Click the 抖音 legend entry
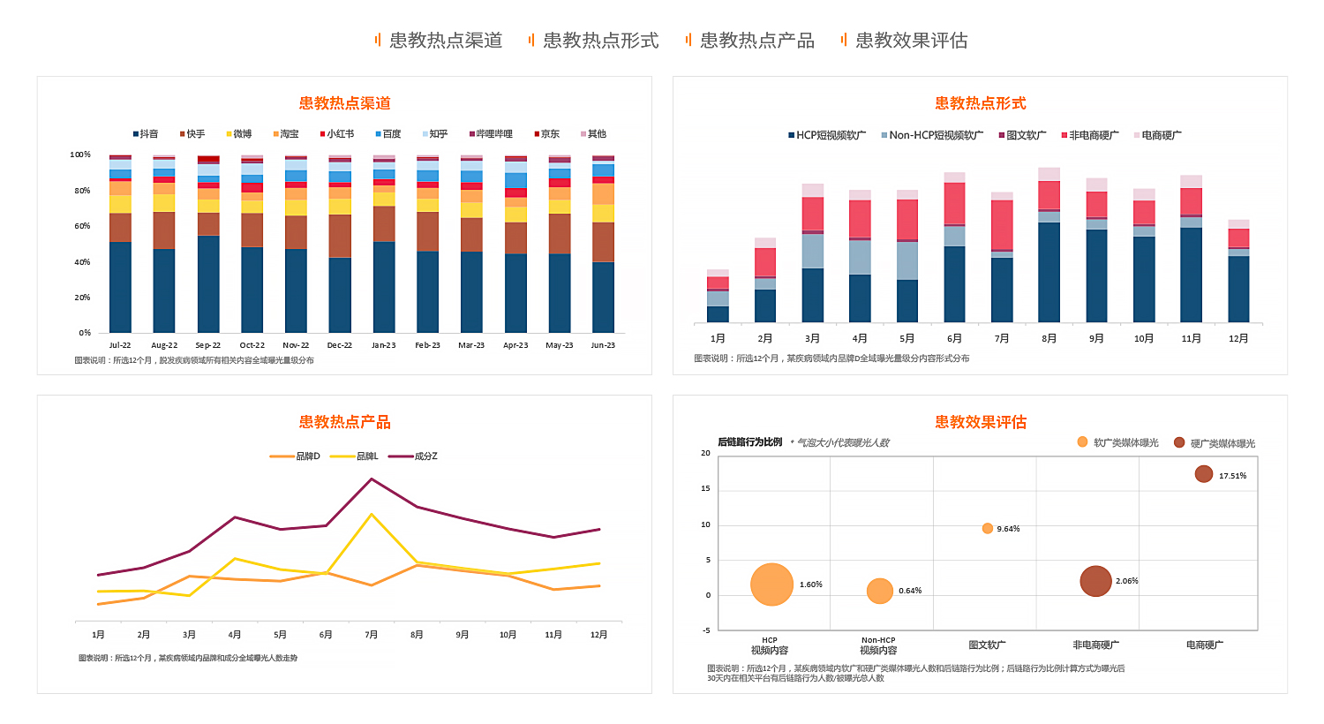click(x=146, y=134)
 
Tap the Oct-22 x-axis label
click(x=252, y=345)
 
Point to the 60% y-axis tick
click(x=81, y=226)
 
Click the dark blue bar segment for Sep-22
click(x=208, y=283)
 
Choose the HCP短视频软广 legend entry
click(x=827, y=135)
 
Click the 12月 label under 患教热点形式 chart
click(x=1238, y=339)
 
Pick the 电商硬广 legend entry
click(x=1157, y=135)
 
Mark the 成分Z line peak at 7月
click(x=372, y=479)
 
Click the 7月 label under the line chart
click(x=372, y=635)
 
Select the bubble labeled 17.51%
click(x=1203, y=474)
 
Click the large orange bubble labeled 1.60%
click(x=771, y=584)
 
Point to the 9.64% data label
click(x=1008, y=529)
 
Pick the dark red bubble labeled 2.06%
click(x=1095, y=581)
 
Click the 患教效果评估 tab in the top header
click(x=910, y=41)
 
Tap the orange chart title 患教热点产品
click(x=344, y=422)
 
